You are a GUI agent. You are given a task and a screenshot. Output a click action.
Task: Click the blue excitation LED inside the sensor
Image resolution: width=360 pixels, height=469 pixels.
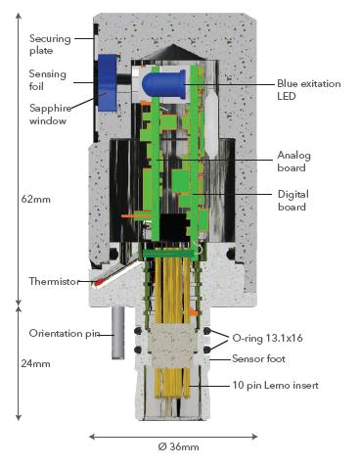click(x=164, y=84)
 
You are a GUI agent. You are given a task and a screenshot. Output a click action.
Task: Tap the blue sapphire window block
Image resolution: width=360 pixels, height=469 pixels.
click(x=108, y=82)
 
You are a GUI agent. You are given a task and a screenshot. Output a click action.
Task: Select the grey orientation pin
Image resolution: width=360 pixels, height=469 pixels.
click(x=118, y=332)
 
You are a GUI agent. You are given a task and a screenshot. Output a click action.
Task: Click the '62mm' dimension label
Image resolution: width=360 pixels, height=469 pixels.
click(x=36, y=199)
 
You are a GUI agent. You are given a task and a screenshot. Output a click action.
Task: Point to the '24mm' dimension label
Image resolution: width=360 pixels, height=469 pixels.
click(x=35, y=363)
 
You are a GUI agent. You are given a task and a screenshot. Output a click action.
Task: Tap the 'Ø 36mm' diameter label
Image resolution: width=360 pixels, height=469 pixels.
click(x=178, y=446)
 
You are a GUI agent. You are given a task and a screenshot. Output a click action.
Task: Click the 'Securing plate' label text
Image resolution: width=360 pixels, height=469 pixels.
click(x=50, y=45)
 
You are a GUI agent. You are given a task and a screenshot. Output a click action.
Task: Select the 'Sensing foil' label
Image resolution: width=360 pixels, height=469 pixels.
click(x=47, y=80)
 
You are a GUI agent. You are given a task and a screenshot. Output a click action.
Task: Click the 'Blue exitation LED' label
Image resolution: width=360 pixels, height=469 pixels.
click(x=309, y=90)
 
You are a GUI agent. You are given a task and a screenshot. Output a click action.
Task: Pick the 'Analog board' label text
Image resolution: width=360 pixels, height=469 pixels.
click(x=293, y=162)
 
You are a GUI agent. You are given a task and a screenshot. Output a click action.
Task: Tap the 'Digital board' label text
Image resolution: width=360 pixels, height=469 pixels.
click(x=292, y=201)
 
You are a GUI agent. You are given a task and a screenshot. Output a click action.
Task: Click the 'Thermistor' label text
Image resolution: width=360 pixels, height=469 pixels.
click(x=54, y=281)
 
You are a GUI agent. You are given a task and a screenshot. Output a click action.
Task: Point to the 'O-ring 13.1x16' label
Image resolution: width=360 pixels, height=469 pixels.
click(x=267, y=338)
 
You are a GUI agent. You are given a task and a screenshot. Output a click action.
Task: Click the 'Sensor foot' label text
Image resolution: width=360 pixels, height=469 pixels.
click(x=258, y=359)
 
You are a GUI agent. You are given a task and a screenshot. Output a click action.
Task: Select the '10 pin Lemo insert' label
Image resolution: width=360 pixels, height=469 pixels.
click(x=275, y=385)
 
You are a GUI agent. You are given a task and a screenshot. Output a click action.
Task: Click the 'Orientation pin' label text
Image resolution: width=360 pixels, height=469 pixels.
click(x=65, y=334)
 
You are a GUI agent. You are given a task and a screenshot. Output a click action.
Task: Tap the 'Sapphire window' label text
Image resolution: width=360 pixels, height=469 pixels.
click(x=50, y=115)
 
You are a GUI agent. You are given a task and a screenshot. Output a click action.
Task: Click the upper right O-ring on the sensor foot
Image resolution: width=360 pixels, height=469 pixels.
click(x=206, y=331)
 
